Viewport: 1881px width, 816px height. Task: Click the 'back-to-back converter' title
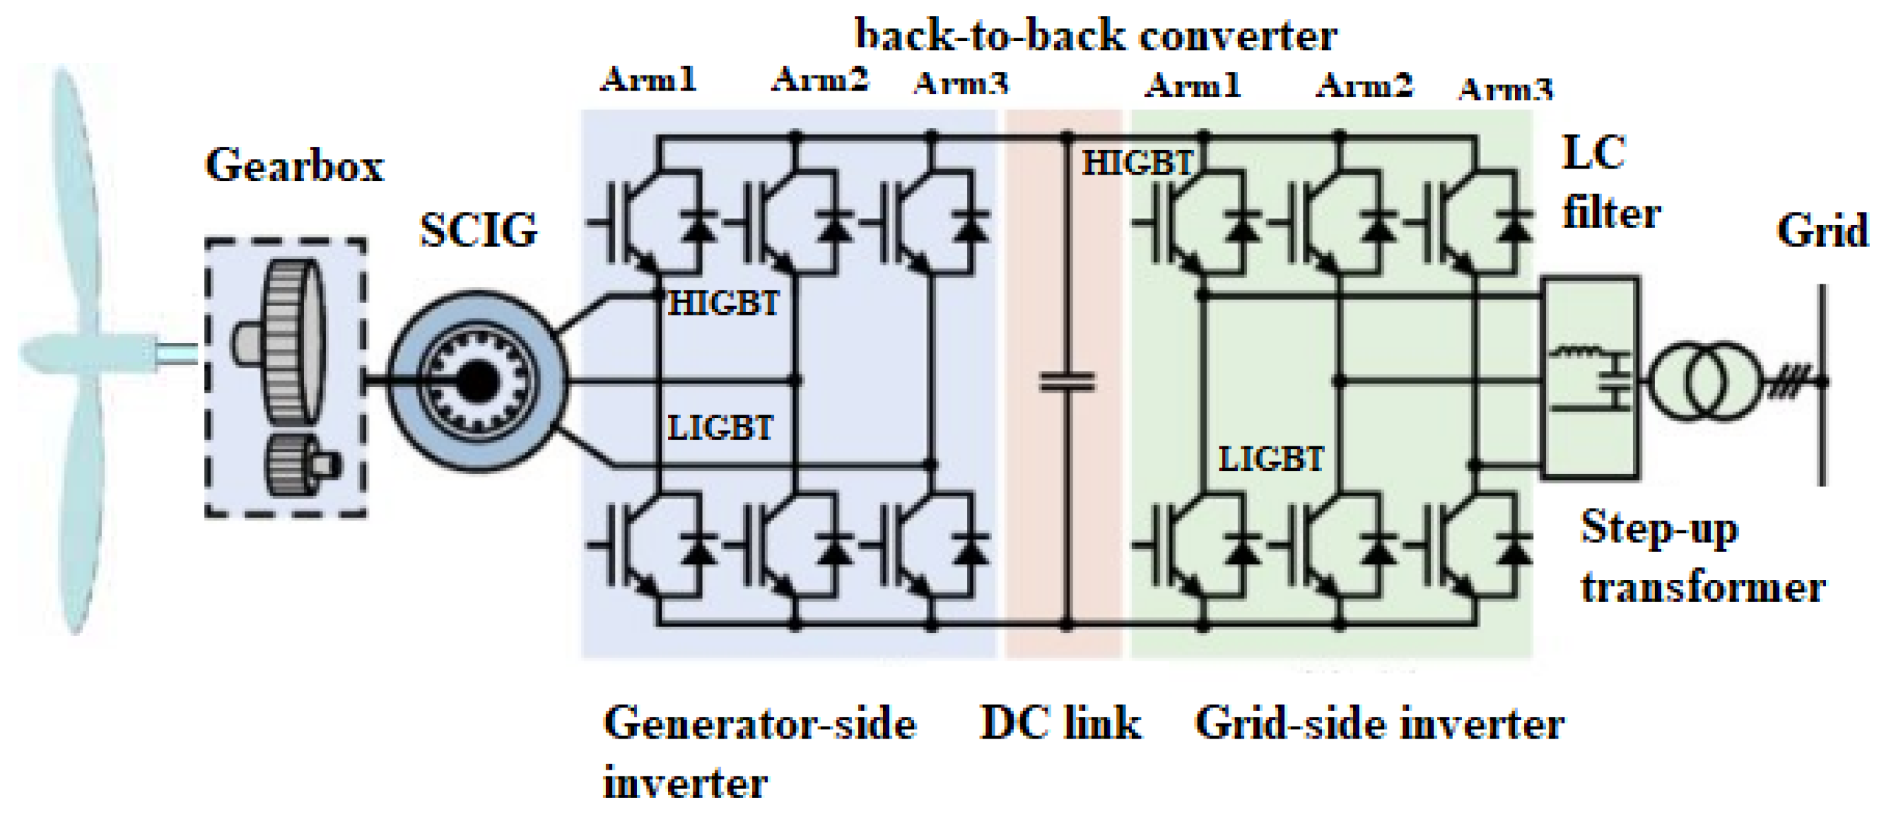click(1095, 35)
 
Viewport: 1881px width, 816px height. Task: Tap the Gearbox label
click(294, 165)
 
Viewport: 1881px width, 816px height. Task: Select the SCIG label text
click(479, 230)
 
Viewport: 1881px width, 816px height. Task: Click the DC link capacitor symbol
click(1067, 382)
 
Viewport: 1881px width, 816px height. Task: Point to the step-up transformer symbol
click(1705, 381)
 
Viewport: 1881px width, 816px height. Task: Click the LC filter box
click(1590, 378)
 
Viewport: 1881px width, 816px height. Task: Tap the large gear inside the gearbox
click(292, 342)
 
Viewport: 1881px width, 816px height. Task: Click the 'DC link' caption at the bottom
click(1060, 724)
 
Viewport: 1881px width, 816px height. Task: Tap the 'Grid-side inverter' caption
click(1379, 724)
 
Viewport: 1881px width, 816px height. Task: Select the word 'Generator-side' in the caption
click(759, 724)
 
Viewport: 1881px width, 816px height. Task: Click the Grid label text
click(1823, 231)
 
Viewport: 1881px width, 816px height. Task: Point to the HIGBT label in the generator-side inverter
click(724, 303)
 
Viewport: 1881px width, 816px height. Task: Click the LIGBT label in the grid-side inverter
click(1271, 459)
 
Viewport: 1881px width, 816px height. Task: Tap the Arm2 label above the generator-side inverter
click(820, 79)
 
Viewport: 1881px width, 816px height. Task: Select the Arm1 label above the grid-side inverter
click(1192, 85)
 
